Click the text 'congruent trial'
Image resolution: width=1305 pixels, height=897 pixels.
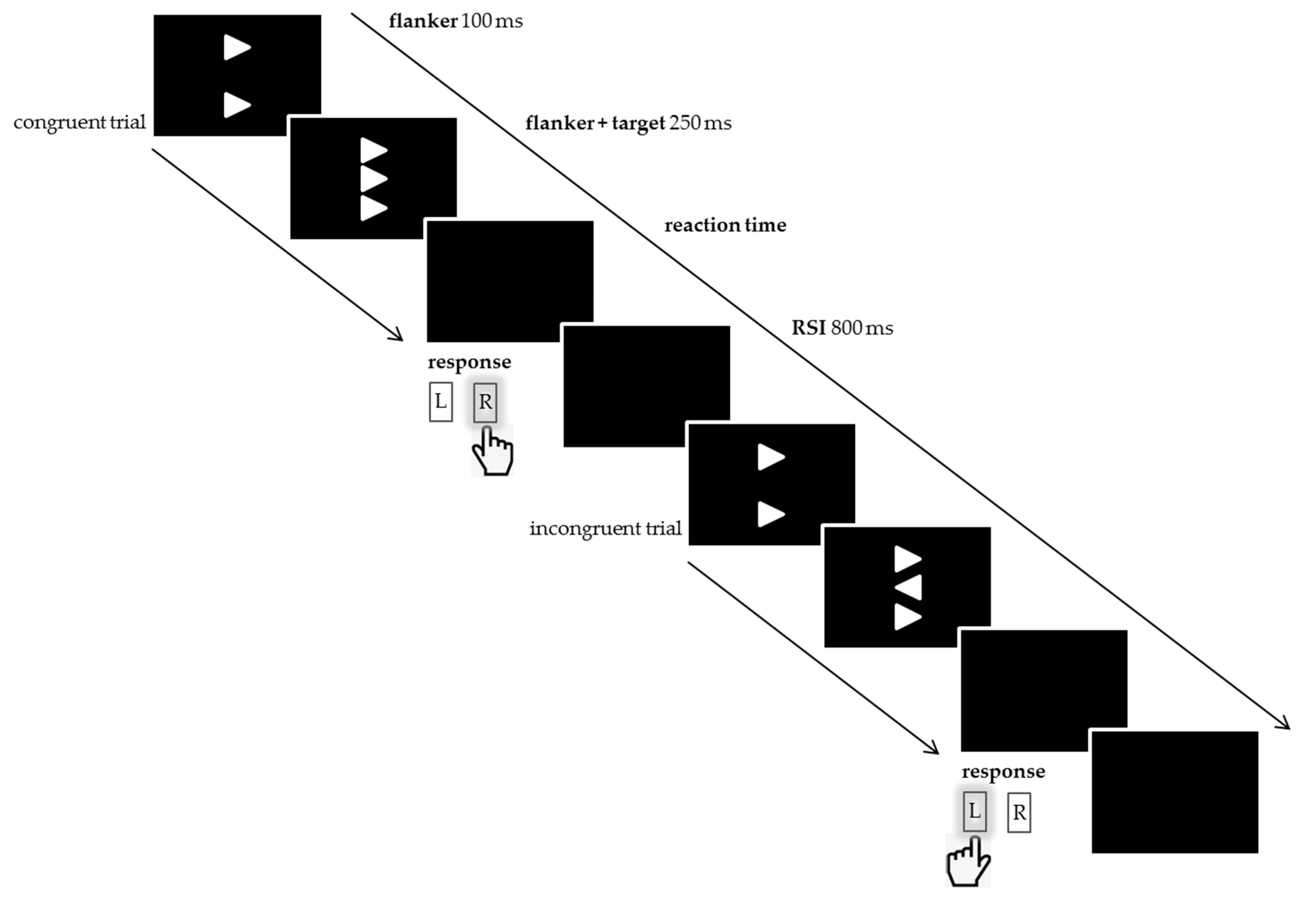point(79,122)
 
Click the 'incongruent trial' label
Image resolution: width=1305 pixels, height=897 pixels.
point(605,529)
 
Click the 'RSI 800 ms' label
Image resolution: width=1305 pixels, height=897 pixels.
point(842,328)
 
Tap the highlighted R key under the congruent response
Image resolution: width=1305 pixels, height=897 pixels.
point(485,402)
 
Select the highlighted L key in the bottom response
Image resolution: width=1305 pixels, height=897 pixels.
point(975,811)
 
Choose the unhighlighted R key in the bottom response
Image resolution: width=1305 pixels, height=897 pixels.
point(1019,812)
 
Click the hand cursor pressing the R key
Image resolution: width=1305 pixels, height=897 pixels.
point(492,453)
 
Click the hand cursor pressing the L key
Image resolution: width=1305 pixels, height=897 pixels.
point(968,863)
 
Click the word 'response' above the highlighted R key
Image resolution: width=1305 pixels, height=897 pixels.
point(469,362)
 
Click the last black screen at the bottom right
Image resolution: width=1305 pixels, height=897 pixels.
point(1175,792)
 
